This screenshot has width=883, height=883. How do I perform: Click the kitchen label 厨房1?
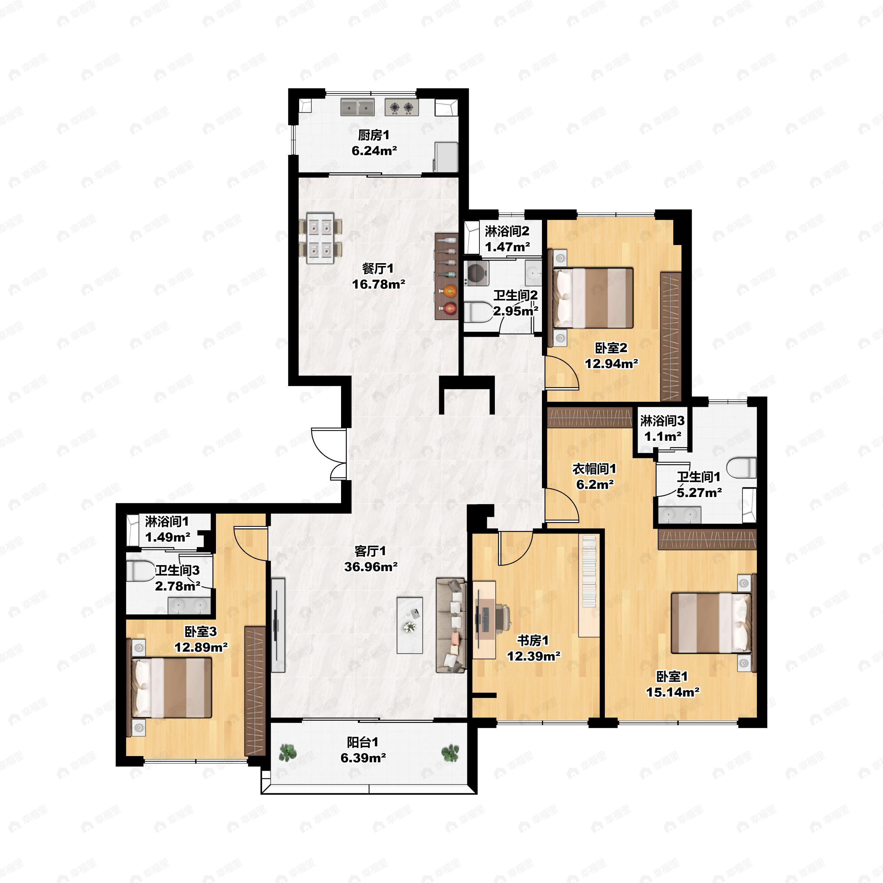[x=373, y=135]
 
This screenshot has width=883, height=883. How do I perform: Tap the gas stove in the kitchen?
[x=402, y=107]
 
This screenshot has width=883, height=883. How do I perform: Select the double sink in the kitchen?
[x=357, y=107]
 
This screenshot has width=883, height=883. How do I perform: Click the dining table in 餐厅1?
[x=320, y=238]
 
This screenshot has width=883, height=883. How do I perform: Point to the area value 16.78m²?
[x=379, y=284]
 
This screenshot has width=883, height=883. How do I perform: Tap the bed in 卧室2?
[x=593, y=298]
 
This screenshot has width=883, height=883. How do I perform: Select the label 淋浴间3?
[x=662, y=420]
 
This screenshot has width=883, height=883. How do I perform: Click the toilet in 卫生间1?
[x=742, y=468]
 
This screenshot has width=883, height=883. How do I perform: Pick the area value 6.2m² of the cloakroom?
[x=595, y=484]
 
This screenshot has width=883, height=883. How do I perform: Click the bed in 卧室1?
[x=711, y=623]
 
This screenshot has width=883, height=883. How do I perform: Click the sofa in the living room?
[x=451, y=625]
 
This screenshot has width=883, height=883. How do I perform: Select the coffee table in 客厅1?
[x=409, y=625]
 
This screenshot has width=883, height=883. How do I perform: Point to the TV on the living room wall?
[x=277, y=625]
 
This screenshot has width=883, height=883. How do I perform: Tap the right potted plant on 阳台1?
[x=450, y=753]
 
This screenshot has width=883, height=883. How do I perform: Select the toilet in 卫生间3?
[x=140, y=571]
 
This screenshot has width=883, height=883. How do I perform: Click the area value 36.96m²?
[x=370, y=567]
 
